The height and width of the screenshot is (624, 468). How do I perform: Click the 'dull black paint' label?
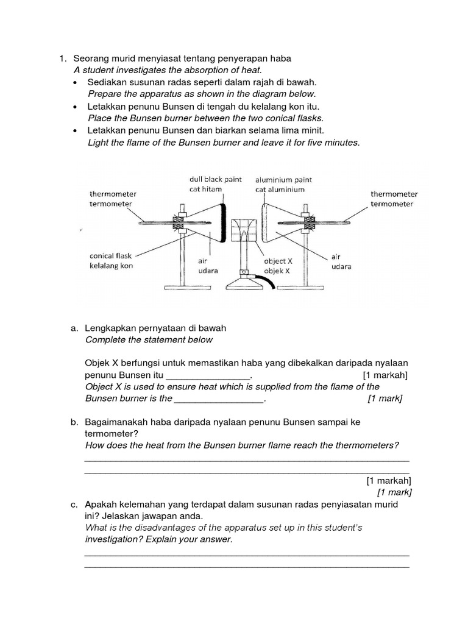coord(215,180)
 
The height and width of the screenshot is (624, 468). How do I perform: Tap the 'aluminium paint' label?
coord(283,180)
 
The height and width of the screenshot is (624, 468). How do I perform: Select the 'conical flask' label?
coord(110,256)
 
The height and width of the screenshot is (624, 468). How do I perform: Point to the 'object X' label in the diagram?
coord(274,261)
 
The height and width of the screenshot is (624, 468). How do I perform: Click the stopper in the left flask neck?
coord(180,222)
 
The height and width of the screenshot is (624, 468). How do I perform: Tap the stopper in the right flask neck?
coord(310,223)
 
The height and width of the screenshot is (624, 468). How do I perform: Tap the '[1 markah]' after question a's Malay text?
coord(385,375)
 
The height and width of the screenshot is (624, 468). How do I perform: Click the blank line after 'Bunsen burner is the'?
coord(219,399)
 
